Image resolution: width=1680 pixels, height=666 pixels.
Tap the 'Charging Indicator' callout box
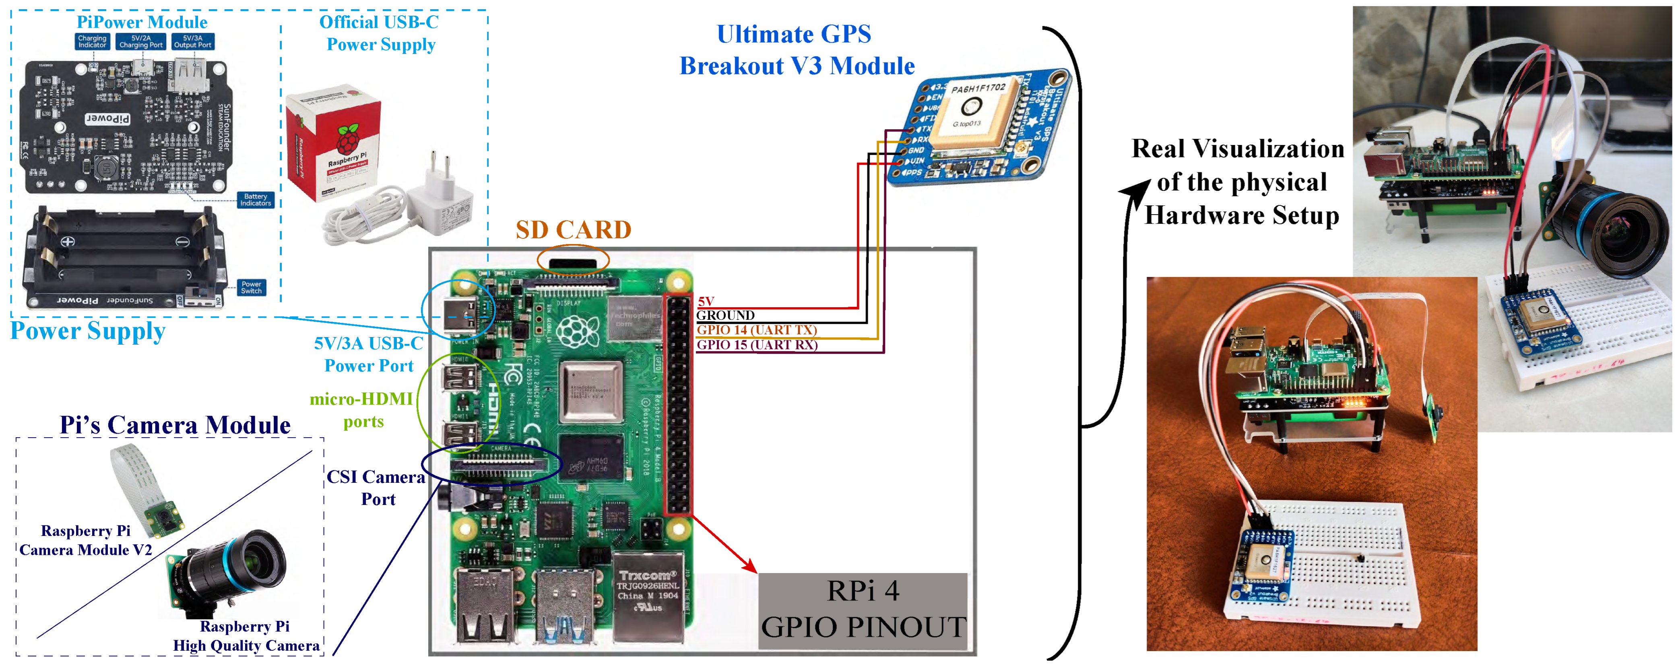(x=92, y=42)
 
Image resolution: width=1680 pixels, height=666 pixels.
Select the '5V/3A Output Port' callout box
(x=192, y=42)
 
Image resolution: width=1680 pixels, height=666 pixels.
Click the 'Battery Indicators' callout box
(x=255, y=200)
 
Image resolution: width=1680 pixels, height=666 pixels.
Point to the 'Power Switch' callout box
(x=251, y=287)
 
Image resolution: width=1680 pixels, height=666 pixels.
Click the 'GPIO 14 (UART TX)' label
(x=757, y=330)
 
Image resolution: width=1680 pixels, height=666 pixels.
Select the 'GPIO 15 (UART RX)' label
(x=757, y=345)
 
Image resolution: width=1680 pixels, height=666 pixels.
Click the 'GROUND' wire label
(x=725, y=316)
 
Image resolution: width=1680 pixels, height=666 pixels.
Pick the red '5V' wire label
(x=706, y=301)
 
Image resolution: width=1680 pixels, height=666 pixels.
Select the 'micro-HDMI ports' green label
(x=362, y=410)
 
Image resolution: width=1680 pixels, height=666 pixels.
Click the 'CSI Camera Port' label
(x=376, y=488)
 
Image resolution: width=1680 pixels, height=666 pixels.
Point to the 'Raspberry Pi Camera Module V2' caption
(x=85, y=540)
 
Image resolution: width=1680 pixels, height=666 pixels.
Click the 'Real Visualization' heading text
(x=1237, y=149)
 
